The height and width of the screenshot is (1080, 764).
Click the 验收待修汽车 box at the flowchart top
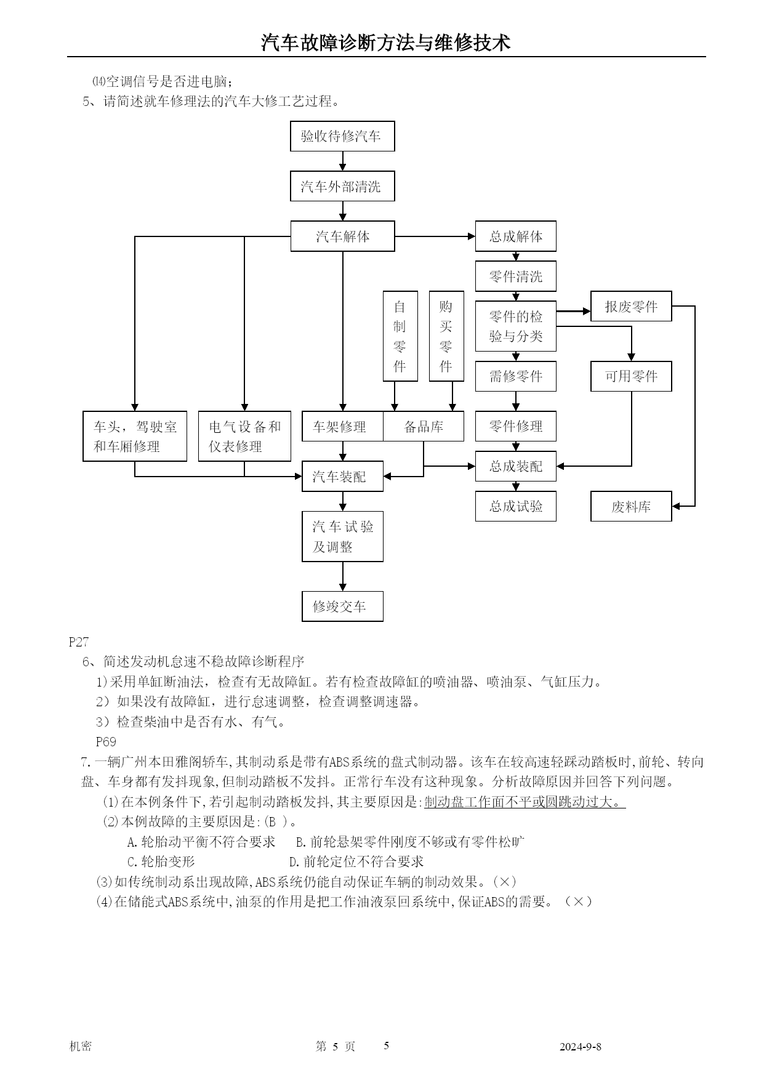pyautogui.click(x=342, y=136)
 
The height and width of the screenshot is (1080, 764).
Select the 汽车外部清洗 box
pyautogui.click(x=342, y=187)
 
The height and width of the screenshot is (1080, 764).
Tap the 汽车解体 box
pyautogui.click(x=342, y=236)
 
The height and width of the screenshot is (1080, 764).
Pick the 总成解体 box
pyautogui.click(x=515, y=236)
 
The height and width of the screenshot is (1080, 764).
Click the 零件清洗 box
pyautogui.click(x=515, y=276)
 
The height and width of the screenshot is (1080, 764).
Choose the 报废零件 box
pyautogui.click(x=631, y=306)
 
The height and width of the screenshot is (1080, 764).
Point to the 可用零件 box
pyautogui.click(x=631, y=376)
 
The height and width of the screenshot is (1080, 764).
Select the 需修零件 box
pyautogui.click(x=515, y=376)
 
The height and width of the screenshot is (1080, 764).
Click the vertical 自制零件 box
pyautogui.click(x=400, y=336)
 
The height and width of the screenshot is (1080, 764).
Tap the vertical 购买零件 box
pyautogui.click(x=446, y=336)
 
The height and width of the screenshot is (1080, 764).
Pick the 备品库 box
pyautogui.click(x=424, y=426)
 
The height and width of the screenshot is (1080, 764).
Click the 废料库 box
pyautogui.click(x=631, y=506)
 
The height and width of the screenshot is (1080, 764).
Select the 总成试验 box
pyautogui.click(x=515, y=506)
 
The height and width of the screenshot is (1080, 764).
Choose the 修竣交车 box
pyautogui.click(x=342, y=606)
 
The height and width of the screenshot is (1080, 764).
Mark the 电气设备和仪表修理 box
pyautogui.click(x=244, y=436)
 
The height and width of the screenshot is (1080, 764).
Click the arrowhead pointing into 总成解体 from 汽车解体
pyautogui.click(x=472, y=236)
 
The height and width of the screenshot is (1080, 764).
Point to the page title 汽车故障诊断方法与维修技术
pyautogui.click(x=386, y=42)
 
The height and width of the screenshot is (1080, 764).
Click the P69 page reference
pyautogui.click(x=106, y=741)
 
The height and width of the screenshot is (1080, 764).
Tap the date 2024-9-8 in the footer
pyautogui.click(x=580, y=1046)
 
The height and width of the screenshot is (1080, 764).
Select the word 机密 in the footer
pyautogui.click(x=81, y=1046)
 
